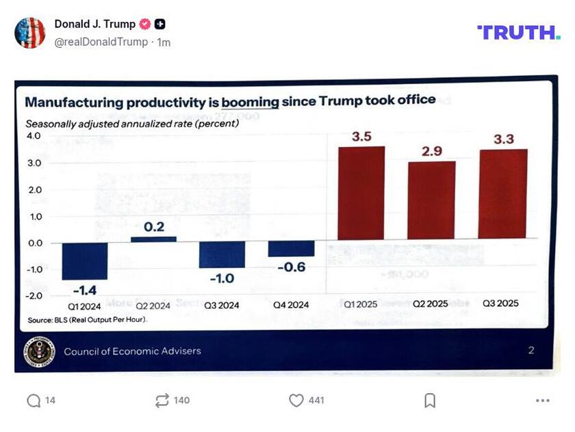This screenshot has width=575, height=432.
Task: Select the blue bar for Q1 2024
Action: (84, 261)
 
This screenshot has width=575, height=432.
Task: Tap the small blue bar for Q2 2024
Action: (153, 239)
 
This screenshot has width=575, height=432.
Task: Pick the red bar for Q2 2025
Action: (431, 200)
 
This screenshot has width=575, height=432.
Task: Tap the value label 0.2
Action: (154, 226)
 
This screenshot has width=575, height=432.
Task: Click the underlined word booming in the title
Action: (250, 102)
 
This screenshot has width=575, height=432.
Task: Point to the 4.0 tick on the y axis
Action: (34, 136)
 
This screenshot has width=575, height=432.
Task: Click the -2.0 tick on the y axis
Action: (34, 295)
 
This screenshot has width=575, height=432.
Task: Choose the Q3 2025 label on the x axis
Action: (500, 303)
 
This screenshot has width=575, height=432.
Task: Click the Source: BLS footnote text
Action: (88, 319)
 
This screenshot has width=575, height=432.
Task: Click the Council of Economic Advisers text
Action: (132, 351)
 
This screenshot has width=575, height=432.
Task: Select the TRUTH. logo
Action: (518, 32)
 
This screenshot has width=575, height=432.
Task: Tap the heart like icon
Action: (296, 401)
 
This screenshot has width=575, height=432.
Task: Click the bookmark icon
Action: (429, 401)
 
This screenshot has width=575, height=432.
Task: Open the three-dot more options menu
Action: (542, 401)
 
